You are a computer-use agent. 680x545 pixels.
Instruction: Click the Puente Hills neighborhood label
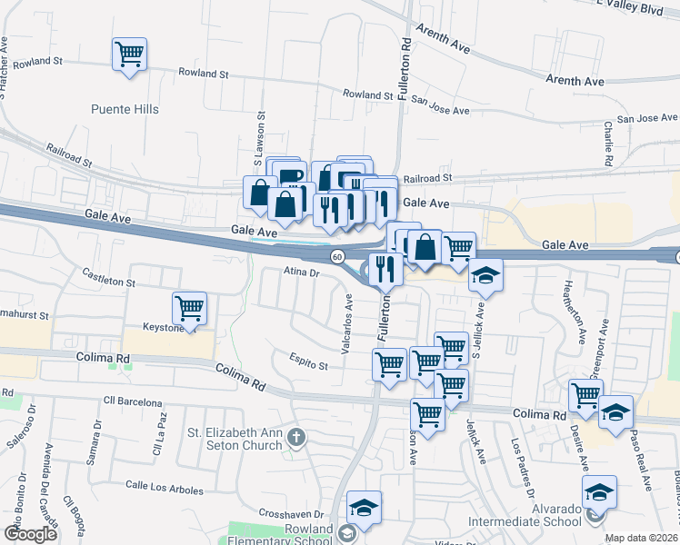point(125,109)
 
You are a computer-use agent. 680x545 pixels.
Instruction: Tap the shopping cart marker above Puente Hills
point(129,54)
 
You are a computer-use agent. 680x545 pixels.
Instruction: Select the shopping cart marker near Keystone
point(189,308)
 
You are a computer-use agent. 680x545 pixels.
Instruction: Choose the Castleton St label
point(108,277)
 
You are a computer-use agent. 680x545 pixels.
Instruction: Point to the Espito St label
point(309,365)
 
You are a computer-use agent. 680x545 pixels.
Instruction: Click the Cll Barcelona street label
point(132,401)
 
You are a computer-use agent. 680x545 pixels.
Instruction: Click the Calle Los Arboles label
point(165,489)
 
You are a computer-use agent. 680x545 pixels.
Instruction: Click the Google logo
point(30,534)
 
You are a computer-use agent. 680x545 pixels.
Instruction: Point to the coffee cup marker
point(290,175)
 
